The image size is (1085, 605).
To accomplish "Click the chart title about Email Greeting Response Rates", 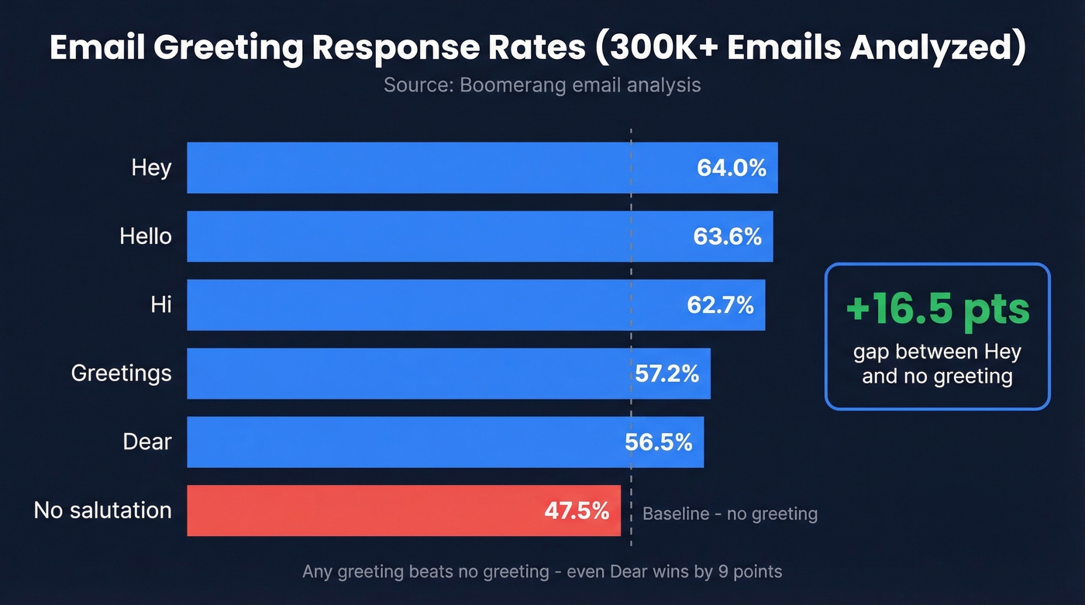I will (x=538, y=47).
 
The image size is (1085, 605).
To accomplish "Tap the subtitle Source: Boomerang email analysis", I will (x=542, y=84).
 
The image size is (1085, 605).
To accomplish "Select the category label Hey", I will (x=151, y=167).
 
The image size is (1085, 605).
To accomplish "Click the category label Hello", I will (x=146, y=235).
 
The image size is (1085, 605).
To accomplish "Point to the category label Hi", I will (x=161, y=304).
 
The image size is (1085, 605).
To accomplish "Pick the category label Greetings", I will (x=121, y=373).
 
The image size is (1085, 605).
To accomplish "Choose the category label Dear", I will (x=147, y=442).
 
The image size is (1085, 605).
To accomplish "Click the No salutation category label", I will (x=102, y=510).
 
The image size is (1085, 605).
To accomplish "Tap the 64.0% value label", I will (x=731, y=167).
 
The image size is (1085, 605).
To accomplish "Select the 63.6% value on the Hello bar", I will (x=727, y=236).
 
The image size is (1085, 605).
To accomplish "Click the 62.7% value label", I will (x=720, y=305).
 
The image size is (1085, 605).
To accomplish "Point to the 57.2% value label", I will (x=666, y=374).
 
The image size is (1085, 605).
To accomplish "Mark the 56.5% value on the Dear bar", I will (x=658, y=442).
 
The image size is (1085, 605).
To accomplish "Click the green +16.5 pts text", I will (x=937, y=309).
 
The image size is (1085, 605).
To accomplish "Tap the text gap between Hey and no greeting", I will (x=937, y=364).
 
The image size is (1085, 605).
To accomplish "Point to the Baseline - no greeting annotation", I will (x=729, y=514).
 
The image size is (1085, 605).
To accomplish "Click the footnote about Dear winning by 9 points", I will (x=542, y=572).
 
